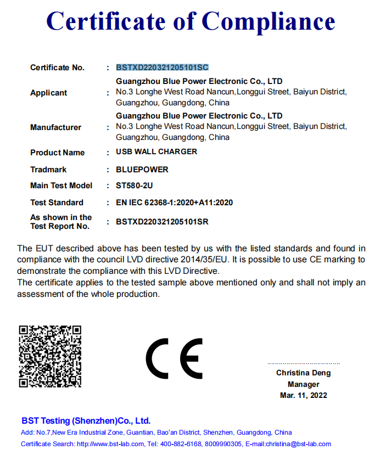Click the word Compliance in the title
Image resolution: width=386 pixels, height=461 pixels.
(x=268, y=21)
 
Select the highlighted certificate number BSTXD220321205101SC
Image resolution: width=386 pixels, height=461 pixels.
(x=162, y=68)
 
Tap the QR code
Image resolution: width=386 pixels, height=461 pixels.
(x=50, y=356)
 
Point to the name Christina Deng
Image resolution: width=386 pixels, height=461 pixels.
(x=303, y=373)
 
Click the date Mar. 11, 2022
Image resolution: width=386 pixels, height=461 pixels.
(x=303, y=395)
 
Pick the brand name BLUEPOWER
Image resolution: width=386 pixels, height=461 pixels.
(x=142, y=170)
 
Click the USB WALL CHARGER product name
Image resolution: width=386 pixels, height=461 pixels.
(x=156, y=152)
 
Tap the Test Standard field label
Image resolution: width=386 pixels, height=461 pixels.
(x=57, y=203)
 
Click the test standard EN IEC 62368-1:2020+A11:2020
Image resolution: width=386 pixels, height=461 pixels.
(x=174, y=203)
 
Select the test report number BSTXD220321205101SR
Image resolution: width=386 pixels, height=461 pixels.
(x=162, y=222)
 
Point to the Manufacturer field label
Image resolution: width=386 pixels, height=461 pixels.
(x=55, y=127)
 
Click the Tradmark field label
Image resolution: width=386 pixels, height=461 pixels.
(x=48, y=170)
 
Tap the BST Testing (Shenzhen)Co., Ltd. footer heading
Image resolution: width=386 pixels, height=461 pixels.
(x=86, y=421)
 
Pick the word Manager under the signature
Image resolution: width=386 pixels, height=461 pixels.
(x=303, y=384)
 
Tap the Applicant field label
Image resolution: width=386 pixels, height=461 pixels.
(x=48, y=93)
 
